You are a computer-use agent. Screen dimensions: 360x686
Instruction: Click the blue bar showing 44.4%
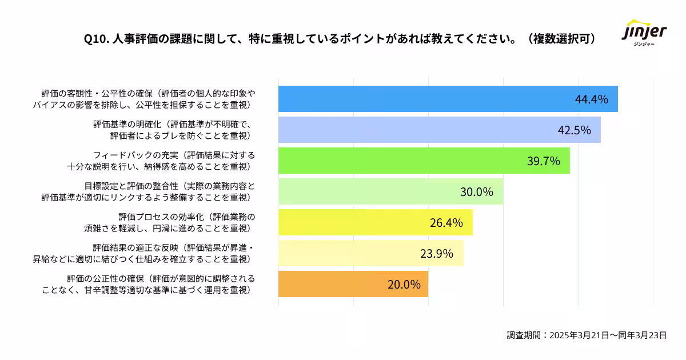[448, 99]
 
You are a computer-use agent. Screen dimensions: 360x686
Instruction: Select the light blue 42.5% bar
[439, 130]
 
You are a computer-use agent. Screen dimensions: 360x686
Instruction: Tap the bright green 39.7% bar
[424, 161]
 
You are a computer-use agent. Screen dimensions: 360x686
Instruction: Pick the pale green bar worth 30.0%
[390, 191]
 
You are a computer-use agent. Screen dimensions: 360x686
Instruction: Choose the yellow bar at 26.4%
[375, 222]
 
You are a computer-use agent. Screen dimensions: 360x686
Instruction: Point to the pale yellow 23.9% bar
[370, 253]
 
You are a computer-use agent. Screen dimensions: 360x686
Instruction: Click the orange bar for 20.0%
[353, 284]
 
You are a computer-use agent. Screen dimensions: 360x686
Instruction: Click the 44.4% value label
[591, 99]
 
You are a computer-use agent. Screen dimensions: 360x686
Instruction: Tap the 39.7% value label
[543, 161]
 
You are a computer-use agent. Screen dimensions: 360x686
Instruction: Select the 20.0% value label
[404, 285]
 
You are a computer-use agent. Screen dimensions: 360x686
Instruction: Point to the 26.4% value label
[446, 223]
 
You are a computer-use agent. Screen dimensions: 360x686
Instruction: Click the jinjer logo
[644, 34]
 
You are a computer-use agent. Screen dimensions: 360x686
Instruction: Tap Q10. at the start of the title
[95, 39]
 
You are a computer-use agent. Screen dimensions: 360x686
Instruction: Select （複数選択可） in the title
[561, 39]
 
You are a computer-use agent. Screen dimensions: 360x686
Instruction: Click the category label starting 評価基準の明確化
[173, 130]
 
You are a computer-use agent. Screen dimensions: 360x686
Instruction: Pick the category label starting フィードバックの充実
[161, 161]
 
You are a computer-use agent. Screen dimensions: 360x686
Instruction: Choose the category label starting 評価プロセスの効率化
[170, 222]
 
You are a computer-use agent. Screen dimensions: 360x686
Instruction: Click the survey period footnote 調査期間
[587, 335]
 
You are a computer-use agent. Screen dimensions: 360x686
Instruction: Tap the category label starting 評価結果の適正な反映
[143, 253]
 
